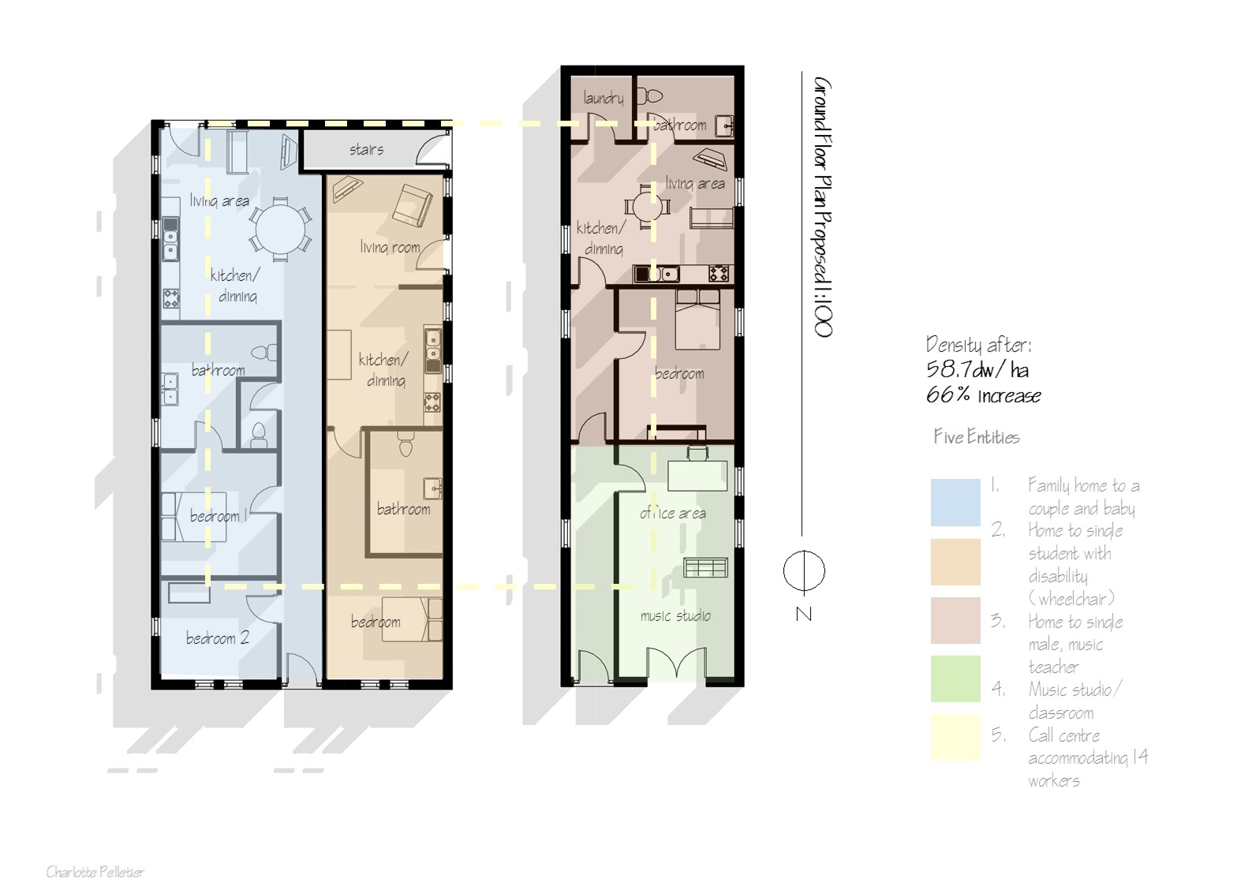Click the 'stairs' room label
[x=366, y=149]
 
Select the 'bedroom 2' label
[x=217, y=638]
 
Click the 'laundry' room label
[x=604, y=98]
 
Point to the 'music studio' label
[x=675, y=615]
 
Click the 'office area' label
[x=673, y=513]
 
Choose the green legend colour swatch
[x=955, y=679]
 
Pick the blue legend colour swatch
[x=955, y=502]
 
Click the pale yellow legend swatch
[x=955, y=737]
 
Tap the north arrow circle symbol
[x=804, y=570]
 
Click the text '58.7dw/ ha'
[x=977, y=369]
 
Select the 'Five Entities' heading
[x=976, y=437]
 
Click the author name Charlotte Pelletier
[x=95, y=872]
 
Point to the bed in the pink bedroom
[x=697, y=320]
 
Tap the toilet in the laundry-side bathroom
[x=652, y=96]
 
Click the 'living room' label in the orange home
[x=390, y=247]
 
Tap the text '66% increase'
[x=983, y=395]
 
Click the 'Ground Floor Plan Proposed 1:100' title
[x=822, y=207]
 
